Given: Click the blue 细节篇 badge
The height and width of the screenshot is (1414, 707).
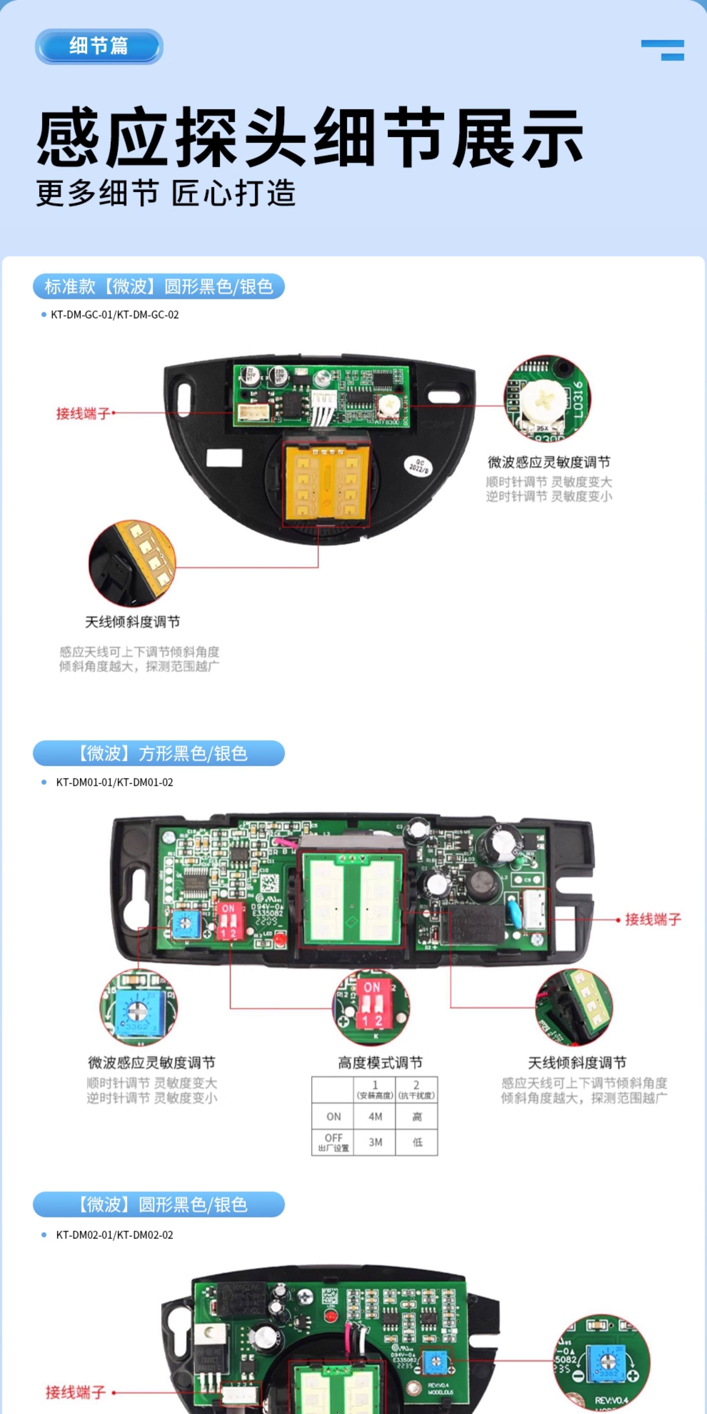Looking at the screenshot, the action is [99, 46].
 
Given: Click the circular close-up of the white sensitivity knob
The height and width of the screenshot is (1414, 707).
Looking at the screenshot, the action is [547, 397].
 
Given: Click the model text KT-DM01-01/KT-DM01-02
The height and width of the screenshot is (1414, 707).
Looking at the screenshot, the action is [115, 782].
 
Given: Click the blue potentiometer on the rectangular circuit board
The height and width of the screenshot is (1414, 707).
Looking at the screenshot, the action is [185, 925].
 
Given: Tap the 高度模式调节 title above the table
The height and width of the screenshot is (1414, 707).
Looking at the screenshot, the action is [380, 1063].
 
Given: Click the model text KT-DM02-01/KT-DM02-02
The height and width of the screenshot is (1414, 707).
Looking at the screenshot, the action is [115, 1234].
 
